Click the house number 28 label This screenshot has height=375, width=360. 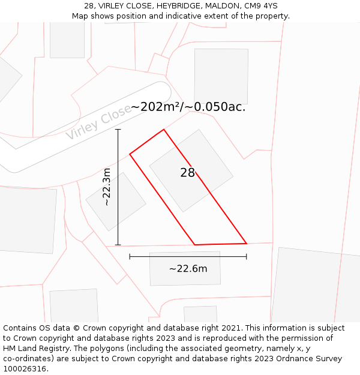(x=188, y=173)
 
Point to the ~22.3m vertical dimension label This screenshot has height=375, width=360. (x=107, y=187)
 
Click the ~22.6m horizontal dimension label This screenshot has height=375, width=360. (x=188, y=269)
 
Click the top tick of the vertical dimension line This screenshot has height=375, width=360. (x=118, y=129)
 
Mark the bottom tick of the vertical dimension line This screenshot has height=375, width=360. (x=118, y=245)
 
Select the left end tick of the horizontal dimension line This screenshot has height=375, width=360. (x=130, y=257)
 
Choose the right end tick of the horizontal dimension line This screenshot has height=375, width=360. (x=247, y=257)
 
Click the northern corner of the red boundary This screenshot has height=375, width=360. (x=164, y=130)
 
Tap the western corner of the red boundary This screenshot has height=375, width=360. (x=130, y=154)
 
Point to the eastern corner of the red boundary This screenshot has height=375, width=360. (x=247, y=243)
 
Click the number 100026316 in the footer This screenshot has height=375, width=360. (x=24, y=368)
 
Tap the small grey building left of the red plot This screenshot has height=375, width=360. (x=116, y=202)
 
